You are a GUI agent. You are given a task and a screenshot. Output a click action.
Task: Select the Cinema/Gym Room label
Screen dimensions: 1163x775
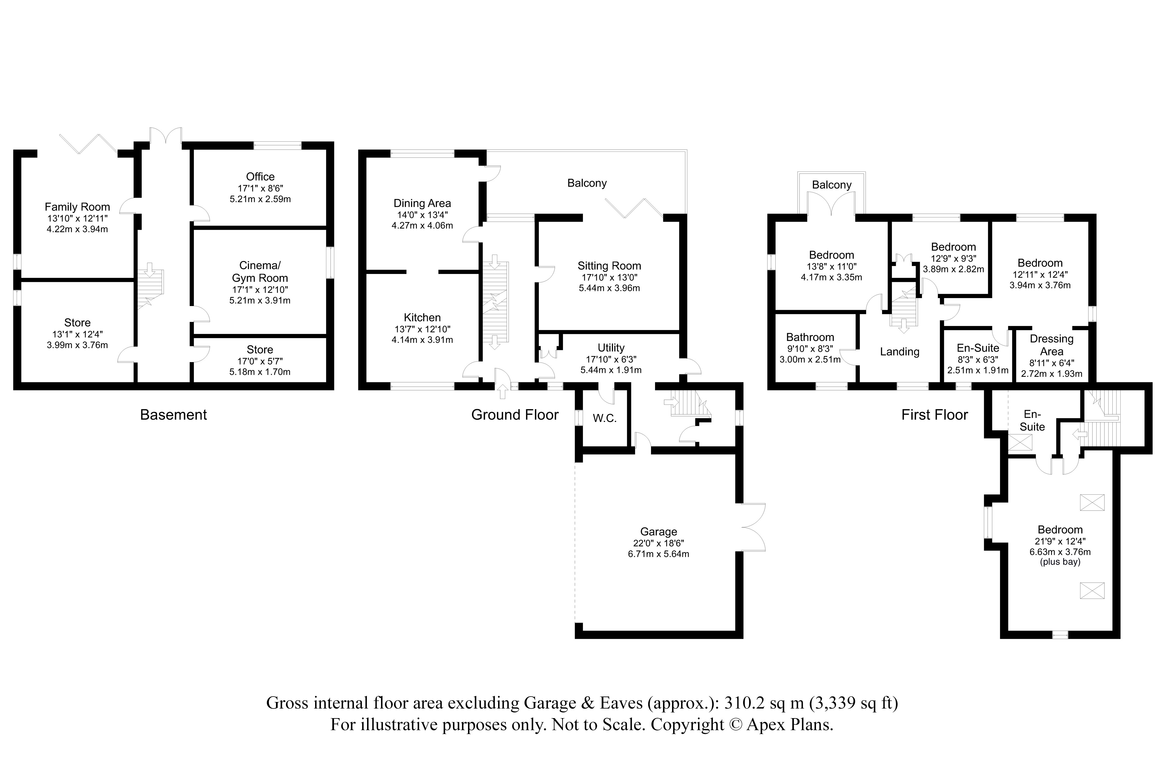pos(260,272)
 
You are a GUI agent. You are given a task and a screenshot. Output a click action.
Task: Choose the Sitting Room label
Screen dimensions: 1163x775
pos(609,266)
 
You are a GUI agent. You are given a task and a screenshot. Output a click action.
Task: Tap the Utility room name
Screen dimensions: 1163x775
pos(611,348)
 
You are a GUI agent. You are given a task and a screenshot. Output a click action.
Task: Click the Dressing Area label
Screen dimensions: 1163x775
pos(1052,345)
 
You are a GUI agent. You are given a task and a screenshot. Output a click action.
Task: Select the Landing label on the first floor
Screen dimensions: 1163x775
pos(900,352)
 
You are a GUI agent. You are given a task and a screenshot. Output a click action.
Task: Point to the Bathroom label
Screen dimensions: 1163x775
pos(810,337)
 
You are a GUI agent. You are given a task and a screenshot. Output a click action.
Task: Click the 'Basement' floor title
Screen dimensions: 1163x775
pos(173,415)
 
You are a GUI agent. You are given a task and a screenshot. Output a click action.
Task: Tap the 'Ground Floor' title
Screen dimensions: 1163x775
pos(515,415)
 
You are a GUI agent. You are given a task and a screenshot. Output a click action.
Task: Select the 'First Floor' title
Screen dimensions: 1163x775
pos(935,415)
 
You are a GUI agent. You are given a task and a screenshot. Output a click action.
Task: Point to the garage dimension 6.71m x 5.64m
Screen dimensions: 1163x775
pos(658,554)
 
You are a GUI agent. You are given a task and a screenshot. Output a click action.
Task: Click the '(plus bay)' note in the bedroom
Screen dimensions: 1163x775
pos(1060,562)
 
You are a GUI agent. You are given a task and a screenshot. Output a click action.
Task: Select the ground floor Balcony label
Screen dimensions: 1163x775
pos(587,183)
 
